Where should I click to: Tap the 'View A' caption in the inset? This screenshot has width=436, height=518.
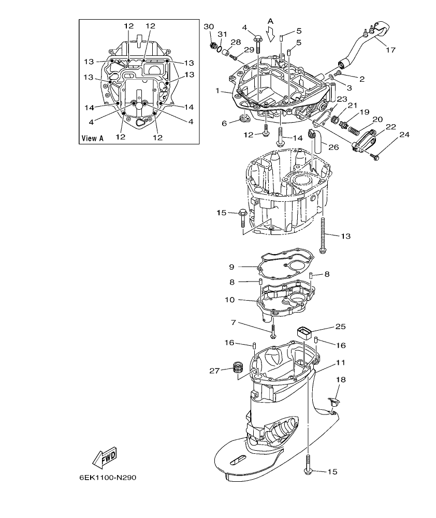coord(93,138)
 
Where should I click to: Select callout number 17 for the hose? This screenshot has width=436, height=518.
coord(390,50)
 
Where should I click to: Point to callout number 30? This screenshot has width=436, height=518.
coord(208,26)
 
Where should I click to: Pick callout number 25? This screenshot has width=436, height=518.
coord(340,327)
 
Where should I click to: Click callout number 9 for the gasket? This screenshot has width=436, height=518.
coord(232,267)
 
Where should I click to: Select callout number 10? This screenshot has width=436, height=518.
coord(229,300)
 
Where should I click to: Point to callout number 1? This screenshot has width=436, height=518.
coord(218,91)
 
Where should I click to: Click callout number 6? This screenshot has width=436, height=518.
coord(224,123)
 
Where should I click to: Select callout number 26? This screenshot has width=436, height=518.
coord(333,146)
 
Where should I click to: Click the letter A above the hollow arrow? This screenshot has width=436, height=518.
coord(270,21)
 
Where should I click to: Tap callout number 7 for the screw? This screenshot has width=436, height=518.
coord(234,322)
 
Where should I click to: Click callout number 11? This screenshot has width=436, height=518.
coord(339,363)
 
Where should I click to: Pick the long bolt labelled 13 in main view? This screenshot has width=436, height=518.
coord(323,235)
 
